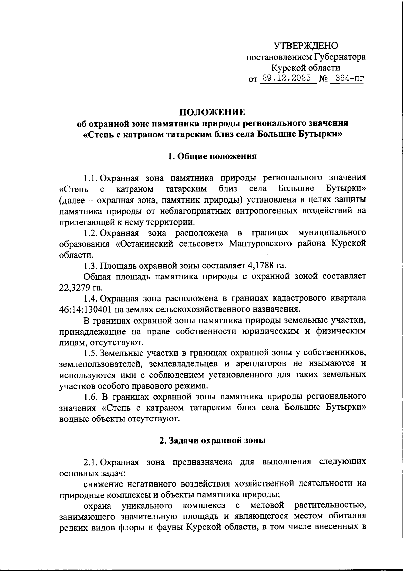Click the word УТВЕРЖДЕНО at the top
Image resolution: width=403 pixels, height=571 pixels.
click(x=306, y=45)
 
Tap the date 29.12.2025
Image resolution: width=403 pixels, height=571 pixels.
click(x=287, y=78)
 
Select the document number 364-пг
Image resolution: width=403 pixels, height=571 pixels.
click(x=347, y=78)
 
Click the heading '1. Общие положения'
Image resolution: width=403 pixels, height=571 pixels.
click(x=212, y=156)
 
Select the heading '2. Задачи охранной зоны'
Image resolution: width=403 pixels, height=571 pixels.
click(x=212, y=440)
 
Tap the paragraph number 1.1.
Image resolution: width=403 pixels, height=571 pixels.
click(x=91, y=177)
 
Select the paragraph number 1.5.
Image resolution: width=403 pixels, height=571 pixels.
click(x=91, y=353)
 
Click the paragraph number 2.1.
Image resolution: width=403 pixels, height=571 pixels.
click(x=91, y=462)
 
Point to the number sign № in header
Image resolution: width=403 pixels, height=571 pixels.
click(x=323, y=79)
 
